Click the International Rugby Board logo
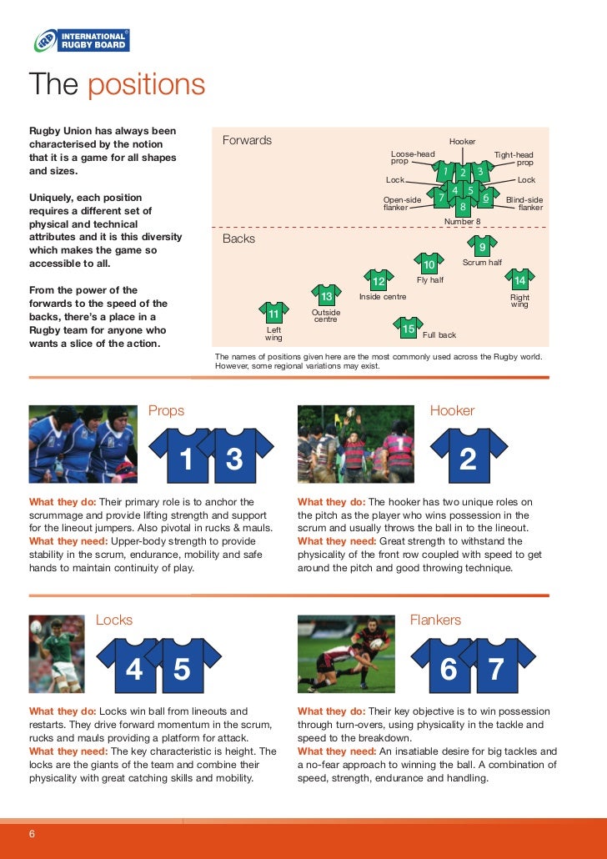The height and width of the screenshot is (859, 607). tap(81, 40)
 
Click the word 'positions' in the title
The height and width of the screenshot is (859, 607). tap(146, 85)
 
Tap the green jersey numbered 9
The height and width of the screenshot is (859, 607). tap(481, 246)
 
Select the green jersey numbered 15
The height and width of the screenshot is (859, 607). tap(408, 329)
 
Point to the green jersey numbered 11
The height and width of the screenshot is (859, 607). tap(273, 314)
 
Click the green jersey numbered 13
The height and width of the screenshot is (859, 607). tap(326, 296)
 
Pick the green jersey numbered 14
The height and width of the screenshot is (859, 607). tap(520, 280)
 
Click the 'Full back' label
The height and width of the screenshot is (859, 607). tap(439, 335)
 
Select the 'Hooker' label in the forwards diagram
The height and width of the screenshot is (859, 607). tap(462, 142)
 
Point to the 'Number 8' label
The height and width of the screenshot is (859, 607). tap(462, 222)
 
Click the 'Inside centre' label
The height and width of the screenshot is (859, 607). tap(383, 297)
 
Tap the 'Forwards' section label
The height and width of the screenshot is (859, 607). tap(247, 140)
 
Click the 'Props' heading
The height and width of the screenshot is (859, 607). tap(166, 410)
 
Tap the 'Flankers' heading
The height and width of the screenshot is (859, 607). tap(435, 620)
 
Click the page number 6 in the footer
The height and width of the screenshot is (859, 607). tap(33, 836)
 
